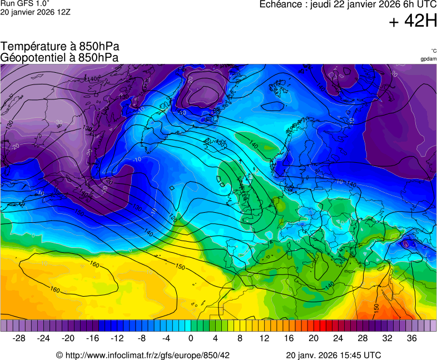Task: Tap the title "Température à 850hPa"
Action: click(60, 47)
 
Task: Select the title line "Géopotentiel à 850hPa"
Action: click(60, 57)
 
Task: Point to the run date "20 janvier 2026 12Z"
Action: click(35, 13)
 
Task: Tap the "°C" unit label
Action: click(433, 51)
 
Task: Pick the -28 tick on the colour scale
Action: click(19, 338)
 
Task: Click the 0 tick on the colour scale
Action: click(191, 338)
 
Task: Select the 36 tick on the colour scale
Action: click(411, 338)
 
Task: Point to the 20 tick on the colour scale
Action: click(313, 338)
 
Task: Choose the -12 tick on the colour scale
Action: click(117, 338)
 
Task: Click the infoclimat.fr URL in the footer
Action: click(143, 355)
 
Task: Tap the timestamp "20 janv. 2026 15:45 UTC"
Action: click(333, 355)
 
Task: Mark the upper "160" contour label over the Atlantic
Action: click(95, 265)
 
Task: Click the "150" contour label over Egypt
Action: click(376, 307)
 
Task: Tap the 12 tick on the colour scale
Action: click(264, 338)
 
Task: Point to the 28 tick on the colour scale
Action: click(362, 338)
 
